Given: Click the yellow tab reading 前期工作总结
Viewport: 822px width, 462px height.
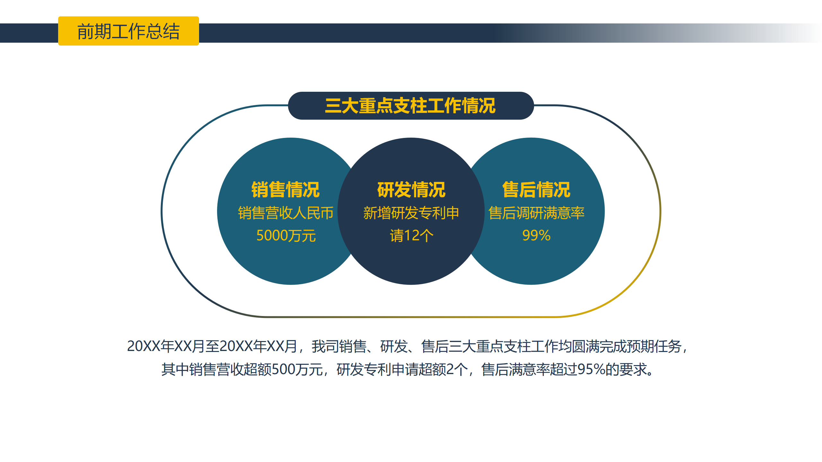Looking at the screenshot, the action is [128, 31].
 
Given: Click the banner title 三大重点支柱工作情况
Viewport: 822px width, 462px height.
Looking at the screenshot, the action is [410, 106].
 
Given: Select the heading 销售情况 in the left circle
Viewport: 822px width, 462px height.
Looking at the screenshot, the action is [285, 189].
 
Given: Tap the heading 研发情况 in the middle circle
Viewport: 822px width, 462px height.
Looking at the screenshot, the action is [411, 189].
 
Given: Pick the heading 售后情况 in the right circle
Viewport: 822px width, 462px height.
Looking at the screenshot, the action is [536, 189].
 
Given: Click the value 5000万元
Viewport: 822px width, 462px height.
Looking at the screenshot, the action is [286, 235].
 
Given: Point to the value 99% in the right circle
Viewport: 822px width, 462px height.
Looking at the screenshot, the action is [536, 235].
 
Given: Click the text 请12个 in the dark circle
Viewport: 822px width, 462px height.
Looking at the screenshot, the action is [411, 235].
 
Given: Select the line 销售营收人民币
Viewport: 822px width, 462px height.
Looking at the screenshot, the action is [285, 213].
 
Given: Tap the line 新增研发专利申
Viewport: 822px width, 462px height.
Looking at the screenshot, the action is [411, 213].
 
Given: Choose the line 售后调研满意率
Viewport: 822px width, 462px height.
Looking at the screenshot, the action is [536, 213].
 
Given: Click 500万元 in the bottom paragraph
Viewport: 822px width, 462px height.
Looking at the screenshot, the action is [297, 369].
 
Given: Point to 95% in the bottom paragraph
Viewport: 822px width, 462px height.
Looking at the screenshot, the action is [591, 369].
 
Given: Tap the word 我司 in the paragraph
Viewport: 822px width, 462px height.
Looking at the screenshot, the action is [325, 346].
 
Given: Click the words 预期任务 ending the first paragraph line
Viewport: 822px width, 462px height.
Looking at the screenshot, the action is [654, 346].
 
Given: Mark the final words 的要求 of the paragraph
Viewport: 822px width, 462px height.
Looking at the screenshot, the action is [626, 369].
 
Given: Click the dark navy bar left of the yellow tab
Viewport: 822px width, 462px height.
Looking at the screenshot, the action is [29, 33].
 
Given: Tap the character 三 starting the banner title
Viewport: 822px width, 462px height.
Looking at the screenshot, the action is [333, 106].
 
